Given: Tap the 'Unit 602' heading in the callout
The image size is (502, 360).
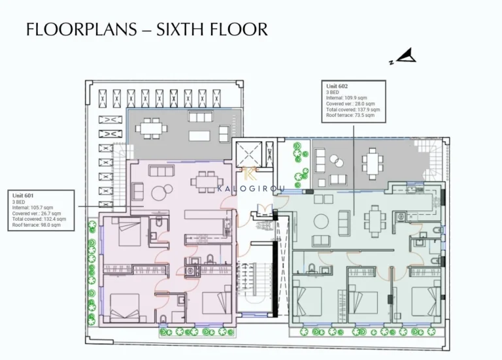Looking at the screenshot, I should [x=337, y=86].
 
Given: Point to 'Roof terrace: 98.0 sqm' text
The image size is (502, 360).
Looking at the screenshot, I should [x=36, y=225].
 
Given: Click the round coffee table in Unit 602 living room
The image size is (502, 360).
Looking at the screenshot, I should [x=322, y=222].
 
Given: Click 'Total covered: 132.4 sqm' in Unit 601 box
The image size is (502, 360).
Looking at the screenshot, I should [x=37, y=219].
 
